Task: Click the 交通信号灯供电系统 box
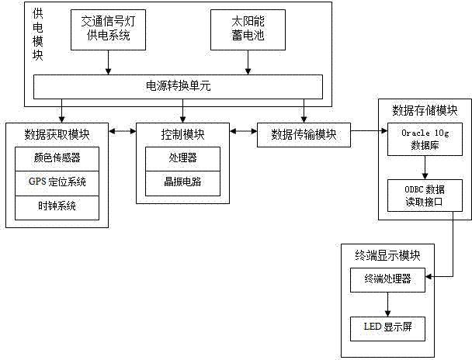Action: click(106, 30)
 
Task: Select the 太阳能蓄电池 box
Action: click(248, 30)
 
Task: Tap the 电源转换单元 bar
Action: click(177, 85)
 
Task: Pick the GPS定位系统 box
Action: click(57, 183)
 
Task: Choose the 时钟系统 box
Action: click(57, 207)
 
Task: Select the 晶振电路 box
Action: click(182, 183)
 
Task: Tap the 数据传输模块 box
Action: click(304, 133)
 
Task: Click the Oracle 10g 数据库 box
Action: click(425, 140)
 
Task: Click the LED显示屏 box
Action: click(387, 325)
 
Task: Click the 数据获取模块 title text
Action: click(57, 133)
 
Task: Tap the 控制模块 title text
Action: click(183, 133)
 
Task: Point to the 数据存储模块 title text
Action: click(425, 109)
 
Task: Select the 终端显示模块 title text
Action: click(386, 254)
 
